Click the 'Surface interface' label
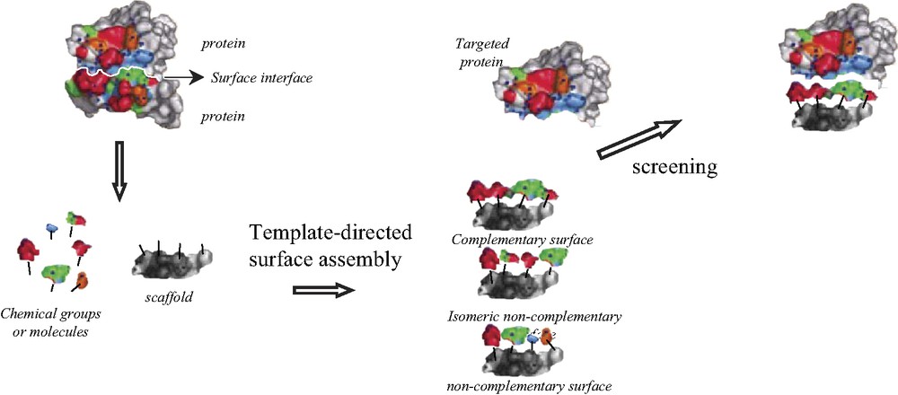261,78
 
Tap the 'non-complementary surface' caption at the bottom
515,386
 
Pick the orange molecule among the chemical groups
82,280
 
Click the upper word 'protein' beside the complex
224,42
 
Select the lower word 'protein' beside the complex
224,116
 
